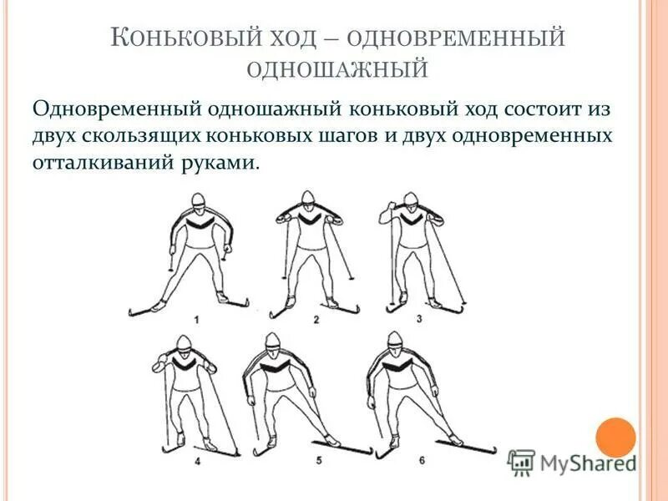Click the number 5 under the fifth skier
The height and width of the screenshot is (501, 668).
click(318, 460)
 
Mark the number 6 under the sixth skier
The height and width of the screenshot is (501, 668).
click(422, 460)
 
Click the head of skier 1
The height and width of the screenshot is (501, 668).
click(197, 202)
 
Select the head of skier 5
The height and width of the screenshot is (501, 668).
click(272, 343)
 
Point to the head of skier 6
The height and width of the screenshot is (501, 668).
click(394, 342)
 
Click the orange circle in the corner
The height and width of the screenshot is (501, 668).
click(615, 438)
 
